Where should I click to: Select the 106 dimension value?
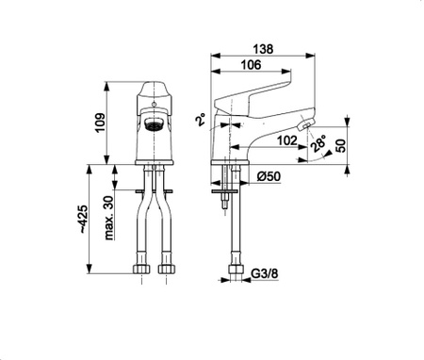coord(251,65)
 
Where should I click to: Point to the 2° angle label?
coord(202,120)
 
